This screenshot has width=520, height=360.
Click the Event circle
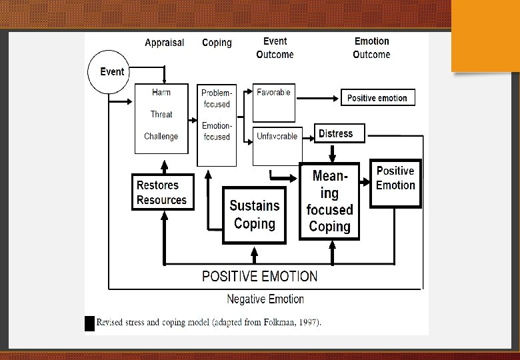(x=111, y=72)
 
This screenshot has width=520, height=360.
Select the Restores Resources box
(x=162, y=192)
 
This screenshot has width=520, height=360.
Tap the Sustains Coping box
(x=254, y=215)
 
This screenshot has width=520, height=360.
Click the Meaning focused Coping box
(x=329, y=201)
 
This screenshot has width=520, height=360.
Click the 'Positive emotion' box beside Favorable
(x=377, y=98)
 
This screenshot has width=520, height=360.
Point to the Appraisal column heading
(x=165, y=43)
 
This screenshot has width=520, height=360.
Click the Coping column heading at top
(x=217, y=43)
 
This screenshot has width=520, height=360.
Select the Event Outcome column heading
(x=275, y=48)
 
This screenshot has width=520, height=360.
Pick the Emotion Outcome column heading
(x=371, y=48)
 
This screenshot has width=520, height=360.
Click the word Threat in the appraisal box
(x=161, y=114)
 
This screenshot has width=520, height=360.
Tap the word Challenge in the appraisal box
(x=161, y=137)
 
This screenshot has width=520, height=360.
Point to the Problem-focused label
(x=217, y=99)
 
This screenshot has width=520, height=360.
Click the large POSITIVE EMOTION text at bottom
(x=259, y=276)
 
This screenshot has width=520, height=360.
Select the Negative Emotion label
(x=265, y=299)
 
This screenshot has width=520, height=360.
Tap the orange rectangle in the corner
(x=485, y=35)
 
